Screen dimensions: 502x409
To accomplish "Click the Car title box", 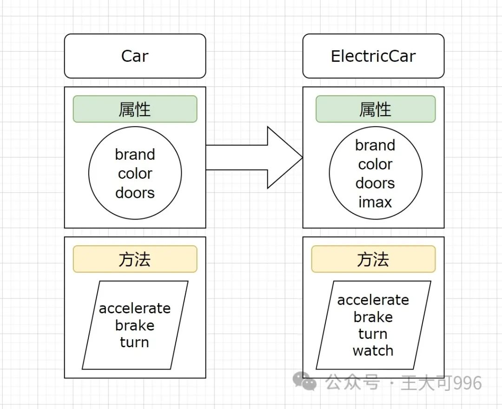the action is [x=135, y=56].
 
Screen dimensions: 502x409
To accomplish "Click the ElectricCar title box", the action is [x=373, y=56].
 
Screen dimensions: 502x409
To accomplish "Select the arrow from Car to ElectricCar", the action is [x=254, y=157].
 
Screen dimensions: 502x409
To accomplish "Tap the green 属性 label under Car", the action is [x=135, y=109].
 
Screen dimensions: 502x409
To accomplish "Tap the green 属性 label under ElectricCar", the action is [x=376, y=109].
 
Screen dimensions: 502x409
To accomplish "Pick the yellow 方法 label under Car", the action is [x=135, y=259].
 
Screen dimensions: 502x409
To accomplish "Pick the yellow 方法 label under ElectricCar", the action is [x=373, y=259].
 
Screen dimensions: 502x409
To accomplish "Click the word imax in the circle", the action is [x=375, y=202].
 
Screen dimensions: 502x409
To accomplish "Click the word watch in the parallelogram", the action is [x=373, y=351].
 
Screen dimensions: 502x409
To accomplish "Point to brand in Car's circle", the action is [x=135, y=155].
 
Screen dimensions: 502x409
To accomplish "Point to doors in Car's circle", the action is [x=135, y=193].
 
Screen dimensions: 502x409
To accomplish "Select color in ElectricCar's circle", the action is [x=375, y=164].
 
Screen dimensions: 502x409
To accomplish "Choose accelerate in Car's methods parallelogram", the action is [x=135, y=308].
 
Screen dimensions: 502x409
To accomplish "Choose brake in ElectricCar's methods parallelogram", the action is [x=373, y=317].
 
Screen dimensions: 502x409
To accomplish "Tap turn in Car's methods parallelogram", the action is [x=134, y=342].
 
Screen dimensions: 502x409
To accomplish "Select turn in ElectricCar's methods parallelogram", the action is [x=373, y=334].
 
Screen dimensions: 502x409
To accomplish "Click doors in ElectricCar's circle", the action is [x=375, y=183].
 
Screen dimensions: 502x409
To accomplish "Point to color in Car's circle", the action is [x=135, y=174].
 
